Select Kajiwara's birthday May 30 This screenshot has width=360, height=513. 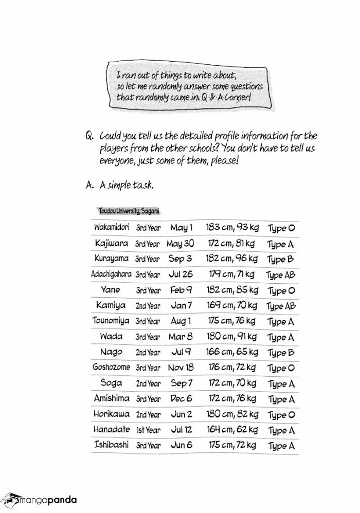(181, 243)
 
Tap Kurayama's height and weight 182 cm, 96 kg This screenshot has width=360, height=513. (231, 259)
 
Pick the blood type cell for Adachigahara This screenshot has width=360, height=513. (280, 274)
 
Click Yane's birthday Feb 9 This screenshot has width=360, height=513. (181, 290)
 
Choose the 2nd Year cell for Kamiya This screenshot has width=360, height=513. (148, 306)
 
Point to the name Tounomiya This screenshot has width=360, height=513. (111, 321)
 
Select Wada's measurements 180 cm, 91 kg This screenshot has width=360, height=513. (231, 337)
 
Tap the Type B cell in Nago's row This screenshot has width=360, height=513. (281, 353)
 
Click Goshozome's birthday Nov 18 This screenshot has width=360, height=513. (181, 368)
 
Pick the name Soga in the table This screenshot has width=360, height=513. (111, 383)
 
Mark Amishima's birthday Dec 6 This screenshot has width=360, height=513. (181, 399)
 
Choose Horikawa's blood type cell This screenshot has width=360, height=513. (281, 415)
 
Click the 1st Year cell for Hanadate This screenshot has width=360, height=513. (148, 430)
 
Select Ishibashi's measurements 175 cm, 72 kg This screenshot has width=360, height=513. (231, 446)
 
